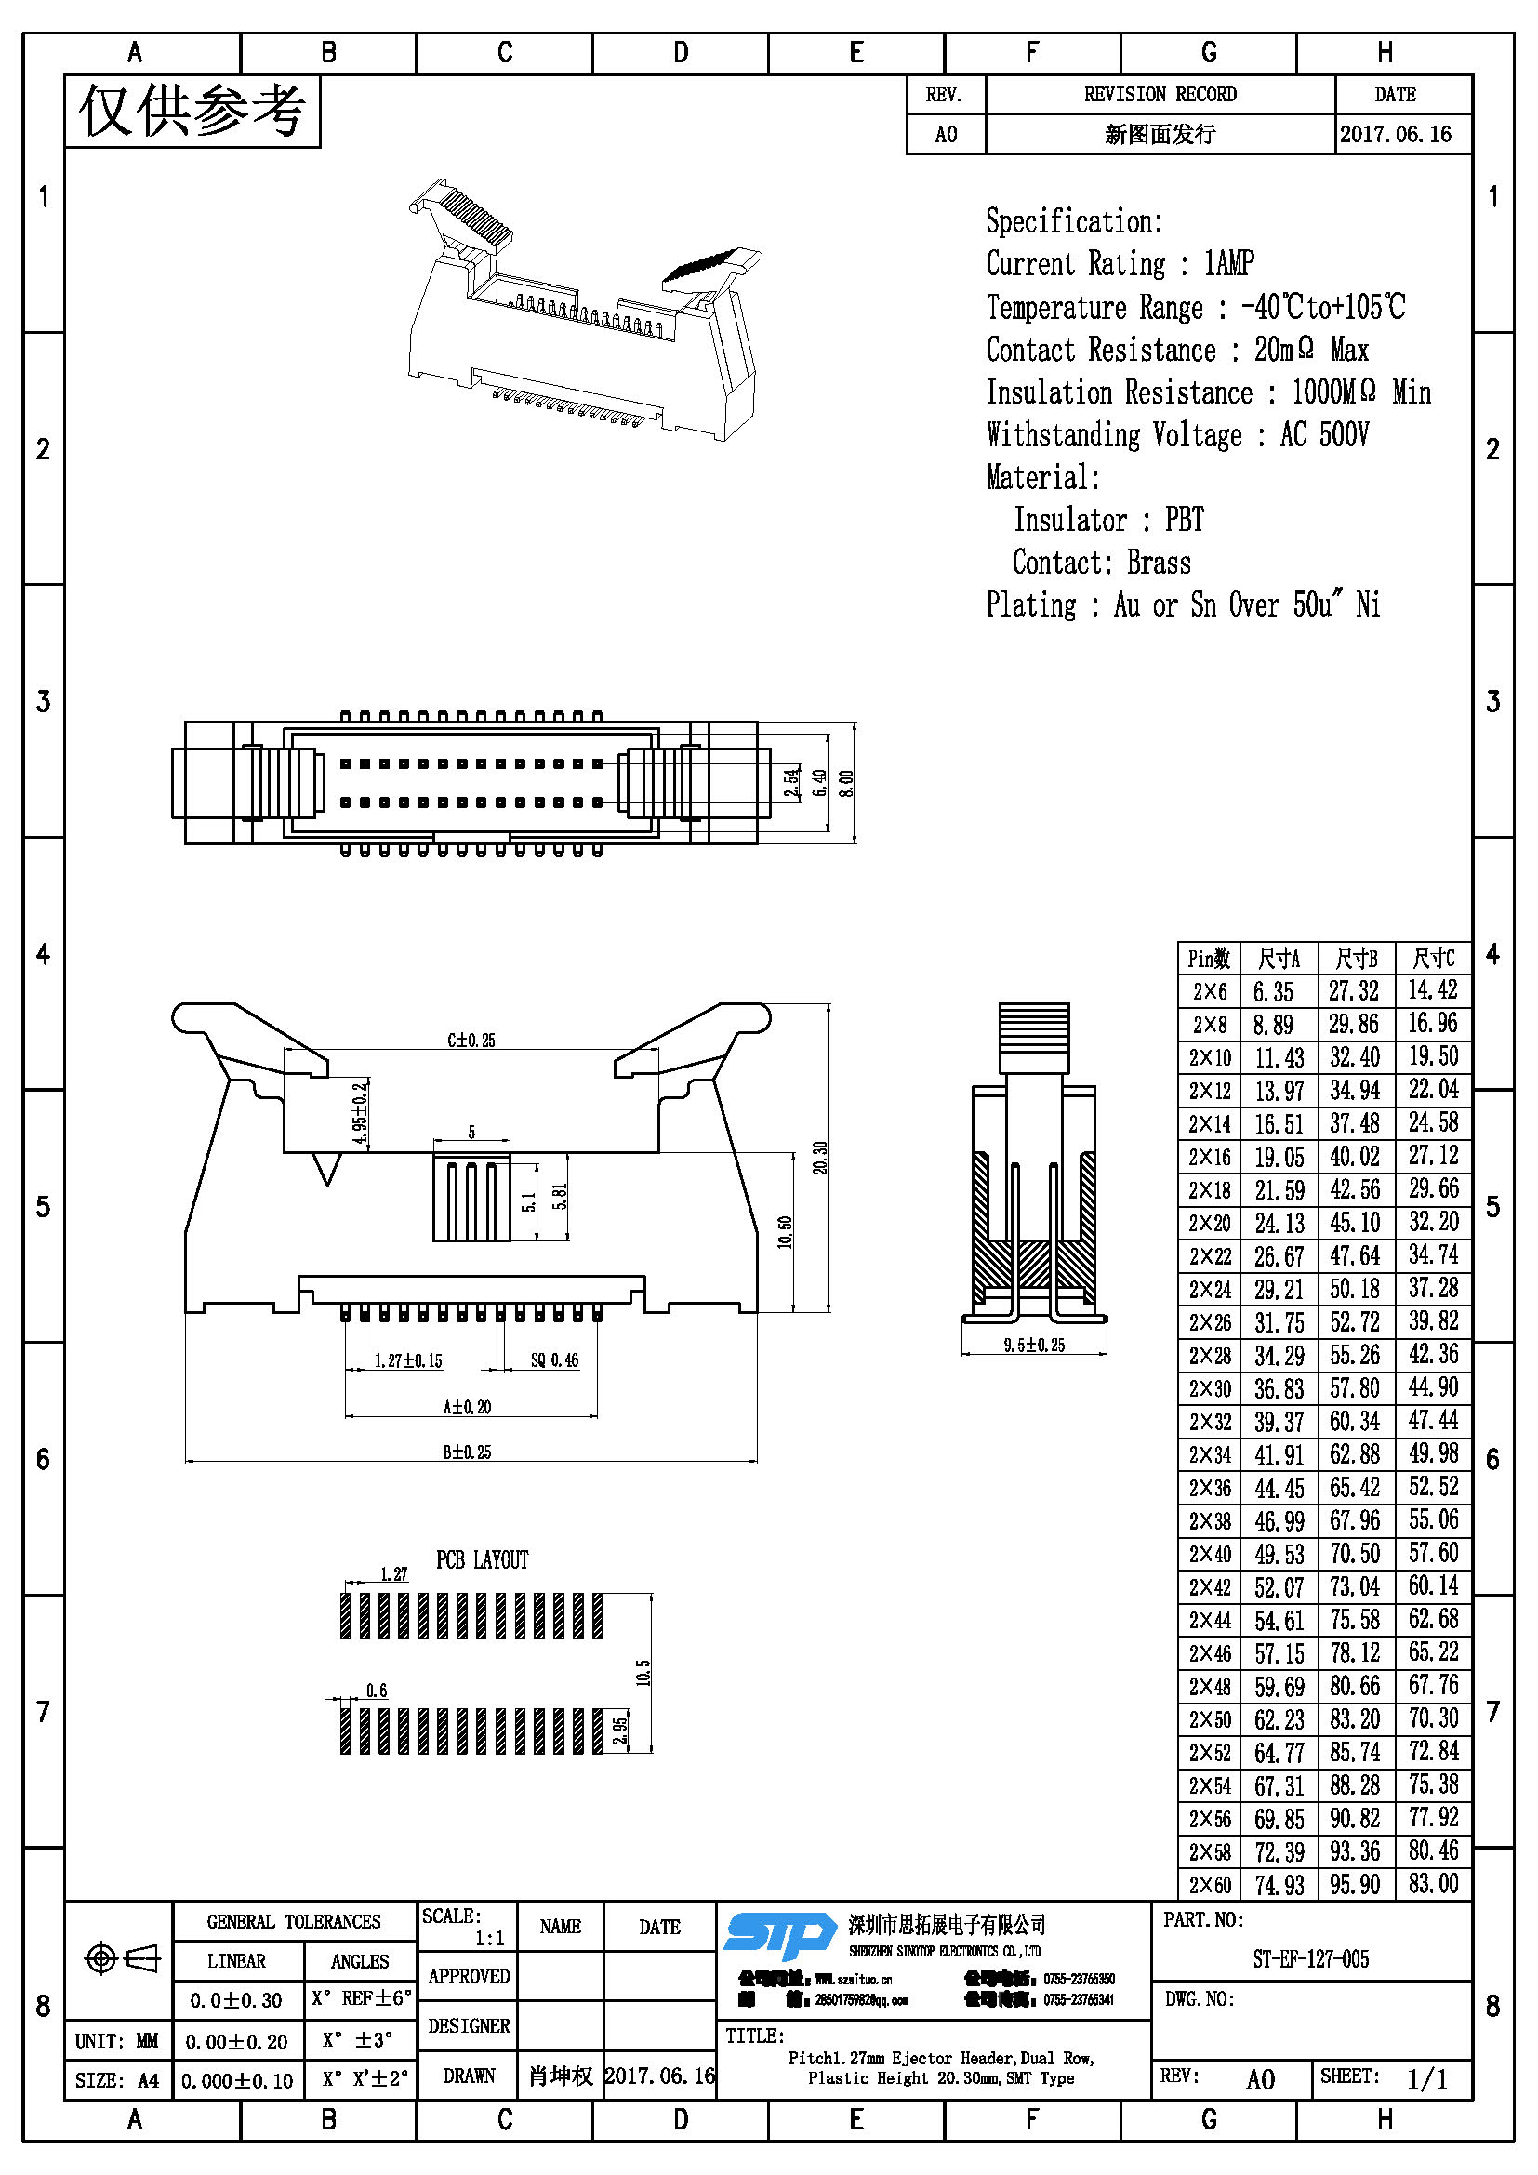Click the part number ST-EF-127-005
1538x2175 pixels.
tap(1310, 1958)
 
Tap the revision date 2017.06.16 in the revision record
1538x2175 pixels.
tap(1395, 134)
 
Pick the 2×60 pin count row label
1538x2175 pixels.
tap(1210, 1884)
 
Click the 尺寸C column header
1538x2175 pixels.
tap(1433, 959)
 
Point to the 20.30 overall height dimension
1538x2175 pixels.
tap(820, 1157)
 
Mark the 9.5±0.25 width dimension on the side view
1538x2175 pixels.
tap(1034, 1345)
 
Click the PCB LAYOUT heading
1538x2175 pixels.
tap(482, 1560)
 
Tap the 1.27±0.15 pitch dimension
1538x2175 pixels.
tap(408, 1360)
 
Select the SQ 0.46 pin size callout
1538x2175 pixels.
tap(554, 1360)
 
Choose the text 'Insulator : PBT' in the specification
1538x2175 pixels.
tap(1108, 519)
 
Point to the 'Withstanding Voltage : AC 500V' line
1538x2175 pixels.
tap(1177, 435)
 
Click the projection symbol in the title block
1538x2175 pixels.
tap(123, 1957)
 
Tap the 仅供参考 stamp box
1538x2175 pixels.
tap(192, 111)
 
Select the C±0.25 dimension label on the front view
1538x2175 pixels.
tap(471, 1041)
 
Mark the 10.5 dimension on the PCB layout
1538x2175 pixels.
tap(643, 1672)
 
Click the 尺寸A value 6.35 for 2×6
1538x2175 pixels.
tap(1273, 992)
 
